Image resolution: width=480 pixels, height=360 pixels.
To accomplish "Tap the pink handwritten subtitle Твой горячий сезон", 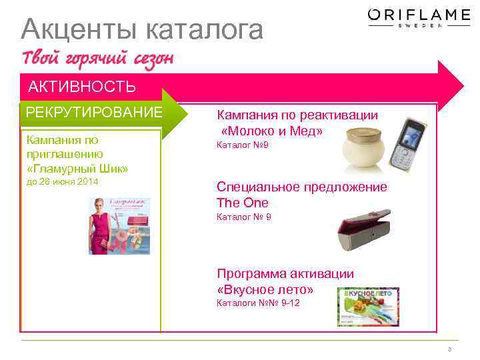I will click(x=98, y=59).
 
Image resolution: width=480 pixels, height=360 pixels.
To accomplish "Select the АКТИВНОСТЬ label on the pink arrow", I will click(x=82, y=87).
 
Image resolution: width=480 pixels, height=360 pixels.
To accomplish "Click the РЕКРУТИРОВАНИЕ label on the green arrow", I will click(x=94, y=111).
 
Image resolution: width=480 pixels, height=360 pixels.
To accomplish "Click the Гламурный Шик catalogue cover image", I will click(x=119, y=225).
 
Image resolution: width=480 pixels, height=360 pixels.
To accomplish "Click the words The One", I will click(x=243, y=203).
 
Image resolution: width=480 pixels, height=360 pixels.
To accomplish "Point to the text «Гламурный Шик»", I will click(x=77, y=168).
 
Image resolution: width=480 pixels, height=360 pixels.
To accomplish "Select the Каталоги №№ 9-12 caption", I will click(x=259, y=303).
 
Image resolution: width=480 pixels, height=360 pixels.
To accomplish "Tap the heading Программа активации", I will click(x=285, y=274).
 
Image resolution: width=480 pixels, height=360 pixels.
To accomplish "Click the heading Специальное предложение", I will click(x=302, y=187).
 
